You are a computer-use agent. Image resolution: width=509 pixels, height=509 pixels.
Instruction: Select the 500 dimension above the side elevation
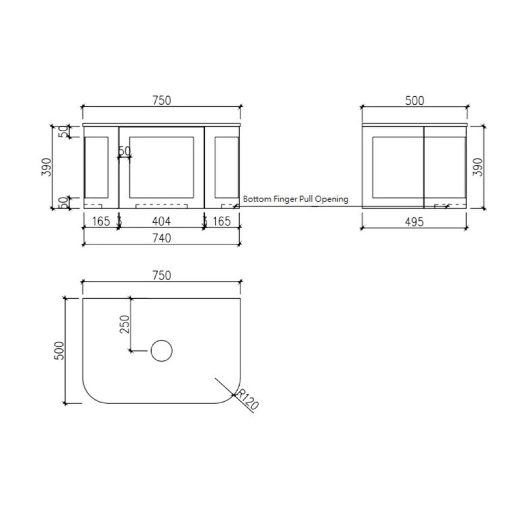(x=415, y=101)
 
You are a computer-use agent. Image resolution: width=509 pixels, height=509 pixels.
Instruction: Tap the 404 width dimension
(x=161, y=221)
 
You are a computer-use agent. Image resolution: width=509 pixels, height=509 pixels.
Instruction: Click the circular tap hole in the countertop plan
(x=162, y=351)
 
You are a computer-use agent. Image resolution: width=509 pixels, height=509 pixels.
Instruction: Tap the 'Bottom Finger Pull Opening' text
(x=296, y=199)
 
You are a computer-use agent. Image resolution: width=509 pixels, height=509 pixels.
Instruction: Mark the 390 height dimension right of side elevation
(x=478, y=166)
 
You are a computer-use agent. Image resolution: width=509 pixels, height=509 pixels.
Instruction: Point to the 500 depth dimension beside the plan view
(x=59, y=351)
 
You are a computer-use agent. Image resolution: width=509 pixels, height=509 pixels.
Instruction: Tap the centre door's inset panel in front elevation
(x=161, y=166)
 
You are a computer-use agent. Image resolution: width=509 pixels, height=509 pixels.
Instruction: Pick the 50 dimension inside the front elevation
(x=124, y=151)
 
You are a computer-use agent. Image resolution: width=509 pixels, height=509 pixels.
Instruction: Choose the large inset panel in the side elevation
(x=395, y=166)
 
